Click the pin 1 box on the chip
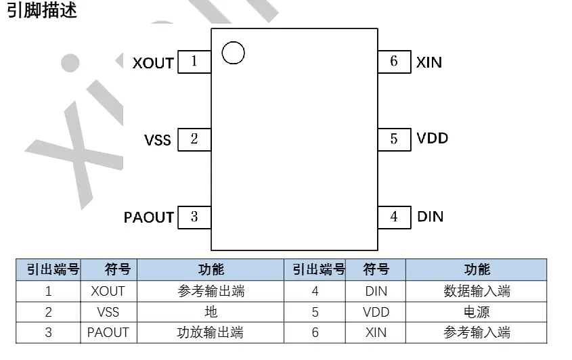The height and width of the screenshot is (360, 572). point(194,62)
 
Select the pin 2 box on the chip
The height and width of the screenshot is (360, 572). point(194,139)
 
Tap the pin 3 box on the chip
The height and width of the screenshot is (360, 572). point(194,217)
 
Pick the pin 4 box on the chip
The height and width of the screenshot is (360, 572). point(394,217)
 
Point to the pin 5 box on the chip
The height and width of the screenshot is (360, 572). point(394,139)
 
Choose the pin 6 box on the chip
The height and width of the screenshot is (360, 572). point(394,62)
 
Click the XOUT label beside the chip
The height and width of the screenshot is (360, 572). point(153,63)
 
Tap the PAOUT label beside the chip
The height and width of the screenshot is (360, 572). point(149,218)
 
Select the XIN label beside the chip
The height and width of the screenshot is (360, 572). point(429,62)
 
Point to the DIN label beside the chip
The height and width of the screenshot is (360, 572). point(430,217)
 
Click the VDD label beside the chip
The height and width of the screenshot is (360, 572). point(433,139)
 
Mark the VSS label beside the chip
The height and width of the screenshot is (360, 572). point(158,141)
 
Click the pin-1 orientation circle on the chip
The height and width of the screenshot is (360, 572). point(232,52)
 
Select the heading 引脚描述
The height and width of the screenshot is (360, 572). point(41,12)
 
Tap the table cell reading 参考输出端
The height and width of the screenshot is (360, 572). point(211,292)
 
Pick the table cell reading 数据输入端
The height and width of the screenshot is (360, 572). point(477,292)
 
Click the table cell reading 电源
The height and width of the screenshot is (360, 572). point(477,312)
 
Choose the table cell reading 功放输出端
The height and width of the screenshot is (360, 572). point(211,332)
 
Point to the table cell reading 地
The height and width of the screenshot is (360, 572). point(211,312)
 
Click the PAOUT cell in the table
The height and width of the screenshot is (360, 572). point(108,332)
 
